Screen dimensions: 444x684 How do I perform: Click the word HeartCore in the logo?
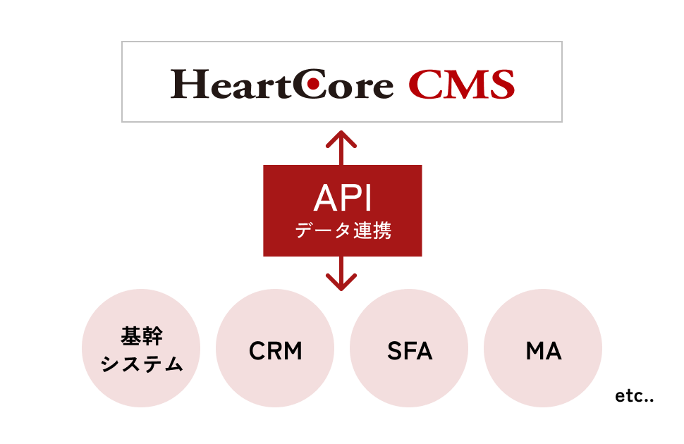[x=282, y=84]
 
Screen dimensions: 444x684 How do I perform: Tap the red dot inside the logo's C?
[x=319, y=85]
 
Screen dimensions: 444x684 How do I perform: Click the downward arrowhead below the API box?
[x=342, y=284]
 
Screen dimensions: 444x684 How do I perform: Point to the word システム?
[x=142, y=364]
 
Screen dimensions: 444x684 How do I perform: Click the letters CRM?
[x=275, y=351]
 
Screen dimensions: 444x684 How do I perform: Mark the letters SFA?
[x=409, y=351]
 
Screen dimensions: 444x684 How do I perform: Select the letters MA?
[x=544, y=351]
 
